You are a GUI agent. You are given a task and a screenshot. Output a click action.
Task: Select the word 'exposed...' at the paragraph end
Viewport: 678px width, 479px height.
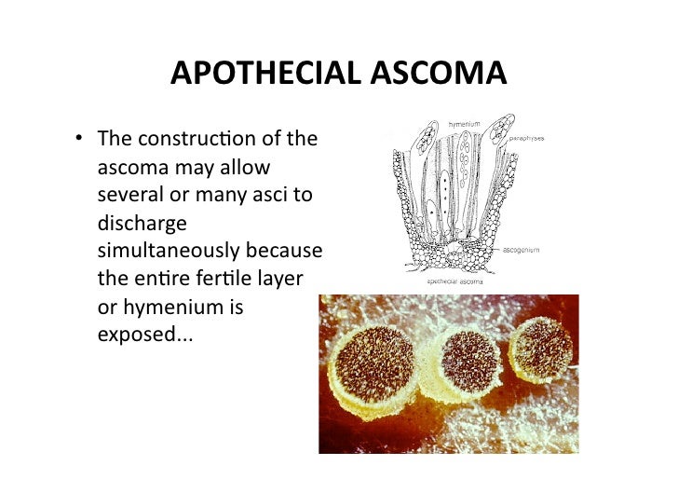coord(144,335)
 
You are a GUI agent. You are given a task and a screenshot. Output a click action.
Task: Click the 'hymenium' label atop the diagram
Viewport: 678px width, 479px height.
coord(463,124)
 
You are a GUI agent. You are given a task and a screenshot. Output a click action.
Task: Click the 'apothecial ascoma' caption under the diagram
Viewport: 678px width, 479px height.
coord(455,280)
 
